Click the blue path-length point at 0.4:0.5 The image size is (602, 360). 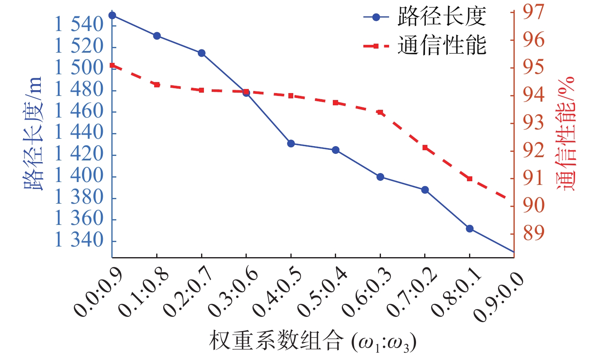click(291, 144)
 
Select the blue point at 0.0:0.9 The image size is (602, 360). click(112, 16)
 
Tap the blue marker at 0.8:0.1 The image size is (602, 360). click(469, 229)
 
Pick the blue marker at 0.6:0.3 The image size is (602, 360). click(380, 177)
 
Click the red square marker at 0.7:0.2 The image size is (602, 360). click(425, 148)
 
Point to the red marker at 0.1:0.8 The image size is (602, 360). click(157, 84)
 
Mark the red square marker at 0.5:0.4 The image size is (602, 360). click(336, 103)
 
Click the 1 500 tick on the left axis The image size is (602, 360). click(80, 68)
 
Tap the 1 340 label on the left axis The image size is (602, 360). click(80, 240)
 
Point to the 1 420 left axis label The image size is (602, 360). click(80, 154)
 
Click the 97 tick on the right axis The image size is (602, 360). click(533, 12)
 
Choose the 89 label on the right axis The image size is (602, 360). click(533, 233)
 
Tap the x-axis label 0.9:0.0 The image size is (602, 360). click(498, 297)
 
